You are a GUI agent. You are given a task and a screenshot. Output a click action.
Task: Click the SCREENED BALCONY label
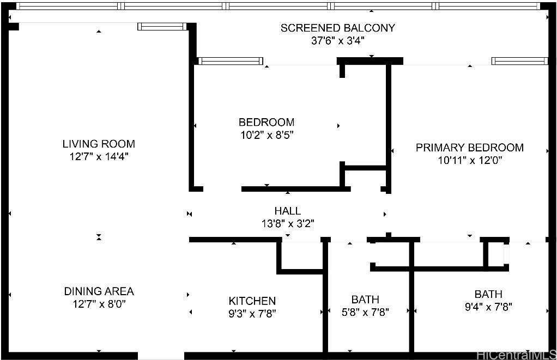(337, 28)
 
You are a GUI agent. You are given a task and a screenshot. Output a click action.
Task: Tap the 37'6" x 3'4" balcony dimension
(337, 40)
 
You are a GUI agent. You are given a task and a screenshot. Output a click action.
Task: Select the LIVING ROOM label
(99, 144)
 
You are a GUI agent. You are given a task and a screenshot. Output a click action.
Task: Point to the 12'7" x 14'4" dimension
(99, 156)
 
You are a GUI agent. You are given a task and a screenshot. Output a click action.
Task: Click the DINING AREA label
(99, 291)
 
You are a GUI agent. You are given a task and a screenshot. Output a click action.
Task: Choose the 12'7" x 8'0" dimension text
(99, 304)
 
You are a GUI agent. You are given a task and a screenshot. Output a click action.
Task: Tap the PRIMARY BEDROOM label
(470, 148)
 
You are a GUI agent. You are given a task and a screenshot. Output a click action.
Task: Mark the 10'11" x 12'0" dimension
(470, 160)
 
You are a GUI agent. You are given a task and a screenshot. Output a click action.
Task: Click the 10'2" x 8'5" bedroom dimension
(267, 135)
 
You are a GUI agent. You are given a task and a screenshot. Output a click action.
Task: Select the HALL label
(287, 211)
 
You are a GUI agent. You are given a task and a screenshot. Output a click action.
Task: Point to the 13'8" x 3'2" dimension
(288, 224)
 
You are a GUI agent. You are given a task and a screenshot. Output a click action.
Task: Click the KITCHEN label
(252, 301)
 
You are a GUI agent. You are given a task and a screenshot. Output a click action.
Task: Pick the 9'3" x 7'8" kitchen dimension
(252, 314)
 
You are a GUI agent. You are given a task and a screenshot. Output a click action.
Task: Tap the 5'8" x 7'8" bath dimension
(365, 312)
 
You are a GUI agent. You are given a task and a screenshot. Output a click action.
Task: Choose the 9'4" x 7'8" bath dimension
(488, 307)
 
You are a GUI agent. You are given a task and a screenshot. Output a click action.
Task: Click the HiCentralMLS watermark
(517, 355)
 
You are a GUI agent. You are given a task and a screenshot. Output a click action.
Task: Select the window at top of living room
(162, 27)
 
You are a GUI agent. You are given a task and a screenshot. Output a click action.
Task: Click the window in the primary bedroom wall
(520, 61)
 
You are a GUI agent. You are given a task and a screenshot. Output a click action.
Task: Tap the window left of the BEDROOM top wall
(231, 61)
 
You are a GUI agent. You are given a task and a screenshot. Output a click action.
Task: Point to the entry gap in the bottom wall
(161, 356)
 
